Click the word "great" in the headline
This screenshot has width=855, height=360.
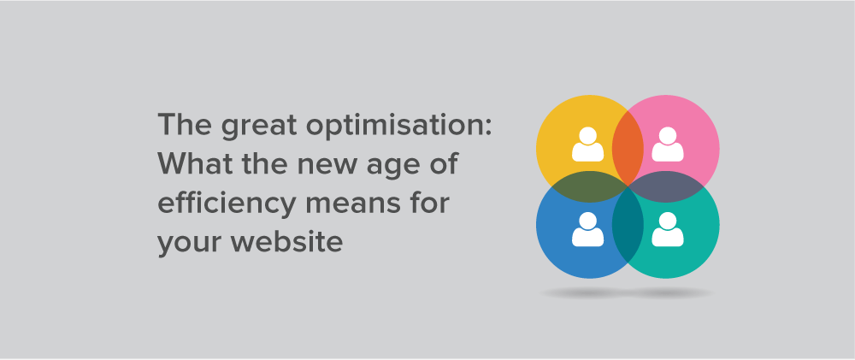(259, 126)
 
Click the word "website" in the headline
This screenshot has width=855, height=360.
(286, 240)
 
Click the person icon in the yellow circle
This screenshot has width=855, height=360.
(587, 144)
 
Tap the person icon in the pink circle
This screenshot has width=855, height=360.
(668, 144)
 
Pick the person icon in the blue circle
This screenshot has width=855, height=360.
(587, 229)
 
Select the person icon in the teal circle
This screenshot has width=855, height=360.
(668, 229)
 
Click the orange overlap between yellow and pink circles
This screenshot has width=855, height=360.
(628, 149)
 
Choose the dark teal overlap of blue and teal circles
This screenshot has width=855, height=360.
(628, 225)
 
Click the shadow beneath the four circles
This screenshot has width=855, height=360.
(627, 293)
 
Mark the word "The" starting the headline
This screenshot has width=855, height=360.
(186, 125)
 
